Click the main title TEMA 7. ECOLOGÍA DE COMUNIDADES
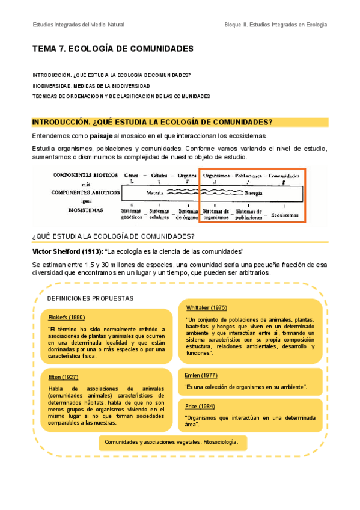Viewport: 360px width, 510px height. (x=113, y=49)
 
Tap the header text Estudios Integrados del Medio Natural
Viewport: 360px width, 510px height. (x=79, y=25)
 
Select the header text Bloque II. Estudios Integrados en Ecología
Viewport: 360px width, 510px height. (x=275, y=25)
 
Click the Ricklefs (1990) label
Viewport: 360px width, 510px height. (x=66, y=317)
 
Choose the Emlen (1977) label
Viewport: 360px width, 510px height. (x=201, y=375)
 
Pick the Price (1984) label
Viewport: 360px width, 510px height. (x=200, y=405)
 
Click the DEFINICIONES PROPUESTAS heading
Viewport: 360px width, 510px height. (x=90, y=298)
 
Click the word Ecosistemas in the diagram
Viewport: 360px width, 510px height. (x=285, y=214)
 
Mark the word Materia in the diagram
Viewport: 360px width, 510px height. (x=155, y=193)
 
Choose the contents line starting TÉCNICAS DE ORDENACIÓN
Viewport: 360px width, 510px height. (x=121, y=96)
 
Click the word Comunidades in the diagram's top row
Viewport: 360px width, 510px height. (x=284, y=176)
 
